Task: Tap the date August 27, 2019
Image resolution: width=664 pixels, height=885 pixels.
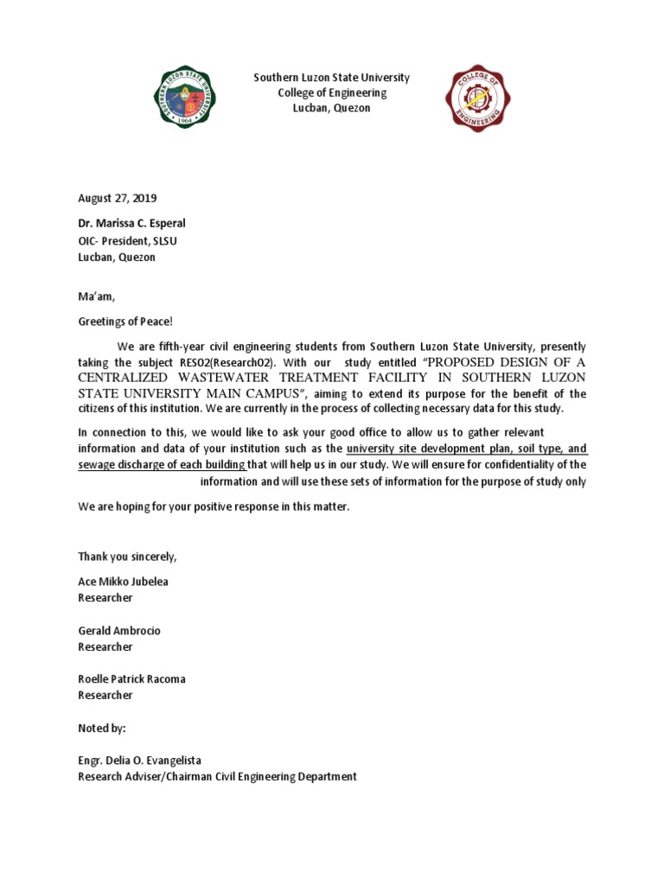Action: [x=118, y=198]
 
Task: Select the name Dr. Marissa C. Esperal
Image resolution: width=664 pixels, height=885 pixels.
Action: [x=131, y=223]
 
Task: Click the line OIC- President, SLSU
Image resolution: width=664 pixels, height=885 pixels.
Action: [x=128, y=240]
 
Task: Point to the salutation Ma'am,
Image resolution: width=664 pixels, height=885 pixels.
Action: [x=96, y=297]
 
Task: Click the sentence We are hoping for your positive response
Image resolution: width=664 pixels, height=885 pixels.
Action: [x=214, y=506]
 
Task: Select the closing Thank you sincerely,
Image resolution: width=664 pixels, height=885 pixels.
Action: [x=127, y=556]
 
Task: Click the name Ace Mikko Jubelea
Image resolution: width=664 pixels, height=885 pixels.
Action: [x=123, y=582]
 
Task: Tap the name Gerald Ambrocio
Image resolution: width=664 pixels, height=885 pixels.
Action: [x=119, y=631]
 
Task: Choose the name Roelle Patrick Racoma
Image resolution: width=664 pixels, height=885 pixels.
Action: [x=131, y=679]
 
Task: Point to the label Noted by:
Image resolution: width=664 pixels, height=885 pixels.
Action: [x=102, y=729]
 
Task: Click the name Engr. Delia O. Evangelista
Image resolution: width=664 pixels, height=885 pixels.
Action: [x=139, y=761]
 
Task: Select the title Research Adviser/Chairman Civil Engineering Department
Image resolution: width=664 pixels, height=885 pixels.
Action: [x=217, y=777]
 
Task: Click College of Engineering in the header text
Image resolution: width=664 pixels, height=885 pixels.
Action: [x=332, y=93]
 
